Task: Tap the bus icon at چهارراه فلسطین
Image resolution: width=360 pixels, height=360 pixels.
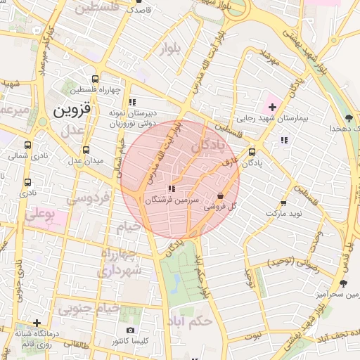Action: coord(96,79)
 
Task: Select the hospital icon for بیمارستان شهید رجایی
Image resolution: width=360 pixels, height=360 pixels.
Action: coord(272,107)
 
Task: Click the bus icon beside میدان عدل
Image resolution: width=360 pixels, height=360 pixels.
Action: coord(86,150)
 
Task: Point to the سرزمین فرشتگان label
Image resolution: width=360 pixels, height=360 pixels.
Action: coord(167,200)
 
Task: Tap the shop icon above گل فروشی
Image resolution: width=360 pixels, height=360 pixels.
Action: coord(221,196)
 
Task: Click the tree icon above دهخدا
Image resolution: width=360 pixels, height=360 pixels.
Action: coord(348,118)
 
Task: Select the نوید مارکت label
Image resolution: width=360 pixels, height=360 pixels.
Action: coord(283,212)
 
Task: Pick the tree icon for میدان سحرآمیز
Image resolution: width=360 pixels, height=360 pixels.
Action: coord(343,283)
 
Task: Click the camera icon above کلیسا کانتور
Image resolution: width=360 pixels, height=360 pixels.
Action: coord(129,330)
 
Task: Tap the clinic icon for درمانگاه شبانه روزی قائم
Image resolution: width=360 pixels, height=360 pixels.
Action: coord(37,323)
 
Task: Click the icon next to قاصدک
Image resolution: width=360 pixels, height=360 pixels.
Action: coord(127,11)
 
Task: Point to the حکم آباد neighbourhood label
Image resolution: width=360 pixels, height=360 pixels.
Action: coord(191,322)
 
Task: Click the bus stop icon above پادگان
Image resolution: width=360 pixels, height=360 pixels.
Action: coord(252,150)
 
